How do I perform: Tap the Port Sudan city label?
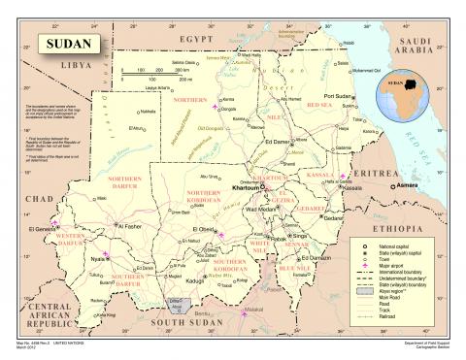342,96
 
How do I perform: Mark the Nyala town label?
97,260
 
